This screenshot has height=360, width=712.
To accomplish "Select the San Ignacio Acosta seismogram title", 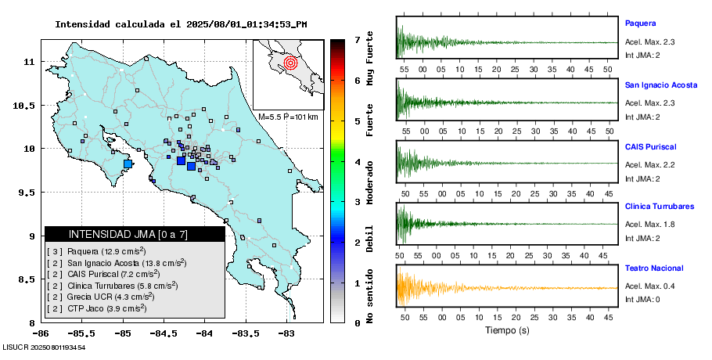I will pos(660,85).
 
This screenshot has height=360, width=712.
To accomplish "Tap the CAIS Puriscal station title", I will pos(650,146).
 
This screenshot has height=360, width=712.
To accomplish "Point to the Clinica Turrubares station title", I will pos(659,207).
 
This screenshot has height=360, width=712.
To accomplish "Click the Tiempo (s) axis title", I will pos(506,330).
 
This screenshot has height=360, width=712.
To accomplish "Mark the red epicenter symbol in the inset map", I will pos(290,62).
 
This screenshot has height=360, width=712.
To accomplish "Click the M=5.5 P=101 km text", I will pos(288,117).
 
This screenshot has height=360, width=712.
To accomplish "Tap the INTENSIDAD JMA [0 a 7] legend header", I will pos(135,234).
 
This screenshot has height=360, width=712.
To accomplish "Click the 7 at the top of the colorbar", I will pos(357,39).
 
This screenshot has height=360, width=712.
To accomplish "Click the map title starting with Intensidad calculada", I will pos(181,24).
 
